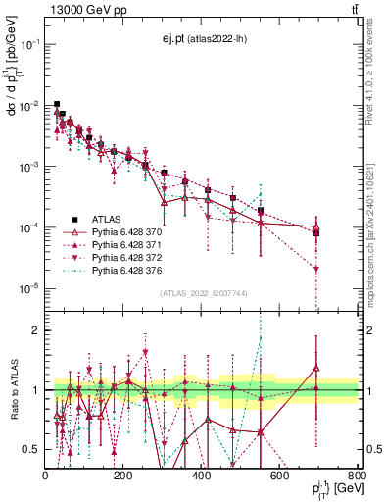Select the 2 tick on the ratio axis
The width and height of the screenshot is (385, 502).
38,330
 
